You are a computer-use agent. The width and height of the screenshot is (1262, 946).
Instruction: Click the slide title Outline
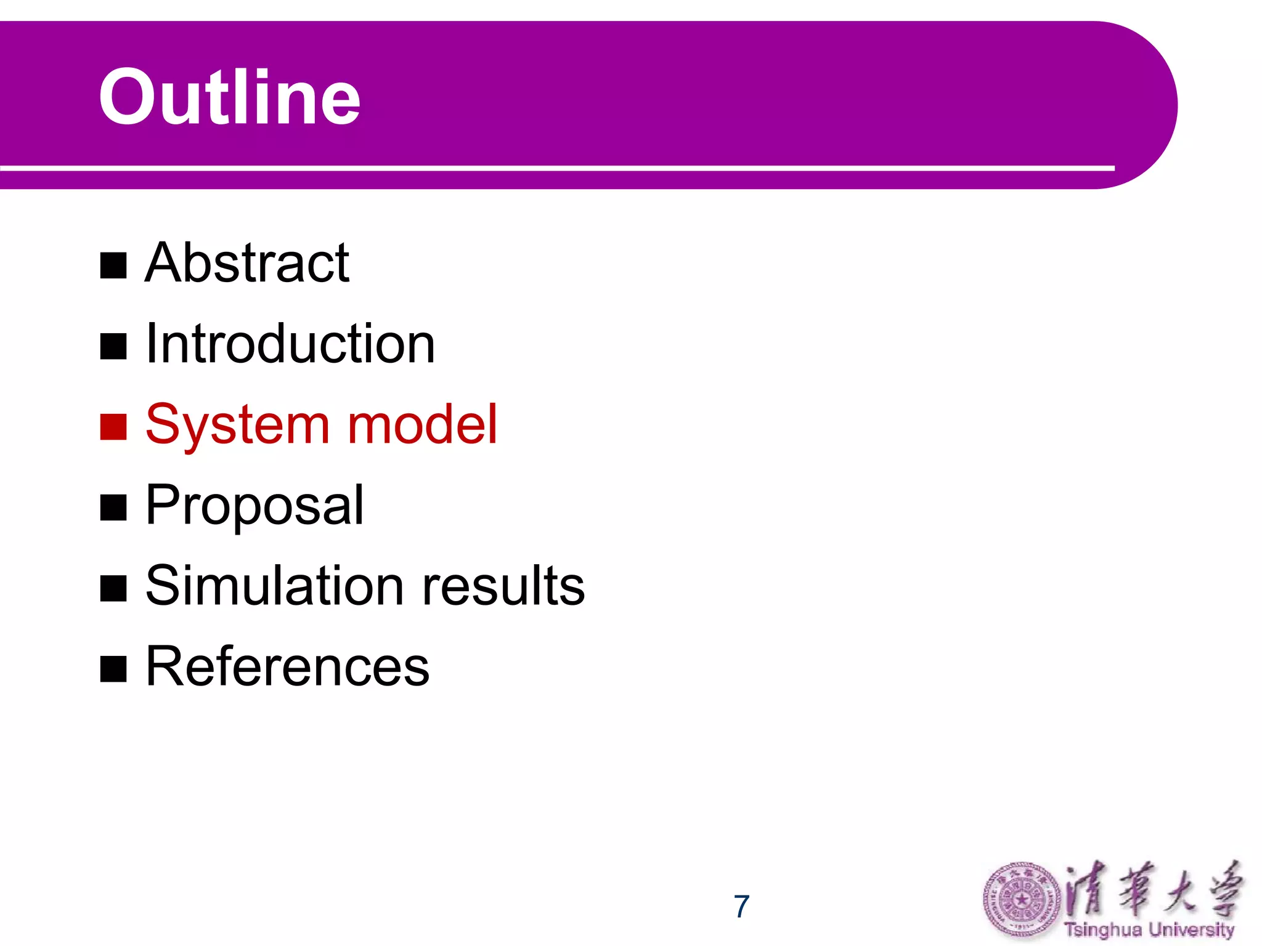tap(229, 97)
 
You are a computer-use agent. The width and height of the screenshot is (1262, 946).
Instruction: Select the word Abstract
tap(246, 264)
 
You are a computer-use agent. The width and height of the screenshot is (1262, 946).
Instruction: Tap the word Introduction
tap(290, 344)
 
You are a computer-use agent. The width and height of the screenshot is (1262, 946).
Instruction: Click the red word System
tap(238, 425)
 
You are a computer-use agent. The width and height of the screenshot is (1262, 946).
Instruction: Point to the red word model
tap(422, 425)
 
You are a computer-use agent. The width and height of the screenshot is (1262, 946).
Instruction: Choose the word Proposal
tap(254, 506)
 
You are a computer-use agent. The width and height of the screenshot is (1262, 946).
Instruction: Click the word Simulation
tap(274, 586)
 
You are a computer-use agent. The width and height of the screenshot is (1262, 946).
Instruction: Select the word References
tap(287, 666)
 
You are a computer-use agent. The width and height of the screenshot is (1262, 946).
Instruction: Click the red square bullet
tap(113, 427)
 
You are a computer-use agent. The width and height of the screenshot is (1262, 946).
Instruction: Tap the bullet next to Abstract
tap(113, 265)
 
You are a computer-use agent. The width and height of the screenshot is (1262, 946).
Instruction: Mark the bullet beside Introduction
tap(113, 346)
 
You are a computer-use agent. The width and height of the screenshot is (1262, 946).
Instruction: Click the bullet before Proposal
tap(113, 507)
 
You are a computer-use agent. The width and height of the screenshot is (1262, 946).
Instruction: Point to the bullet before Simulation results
tap(113, 588)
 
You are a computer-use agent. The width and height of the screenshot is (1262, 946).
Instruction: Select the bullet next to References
tap(113, 669)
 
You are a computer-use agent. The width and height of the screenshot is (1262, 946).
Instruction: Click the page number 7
tap(741, 907)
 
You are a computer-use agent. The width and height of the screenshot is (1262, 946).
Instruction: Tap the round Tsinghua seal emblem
tap(1021, 900)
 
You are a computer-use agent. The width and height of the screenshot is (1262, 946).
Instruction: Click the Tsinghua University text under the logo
tap(1149, 930)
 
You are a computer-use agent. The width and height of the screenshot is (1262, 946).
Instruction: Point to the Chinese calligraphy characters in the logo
tap(1152, 890)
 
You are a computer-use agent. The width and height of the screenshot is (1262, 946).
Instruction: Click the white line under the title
tap(555, 168)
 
